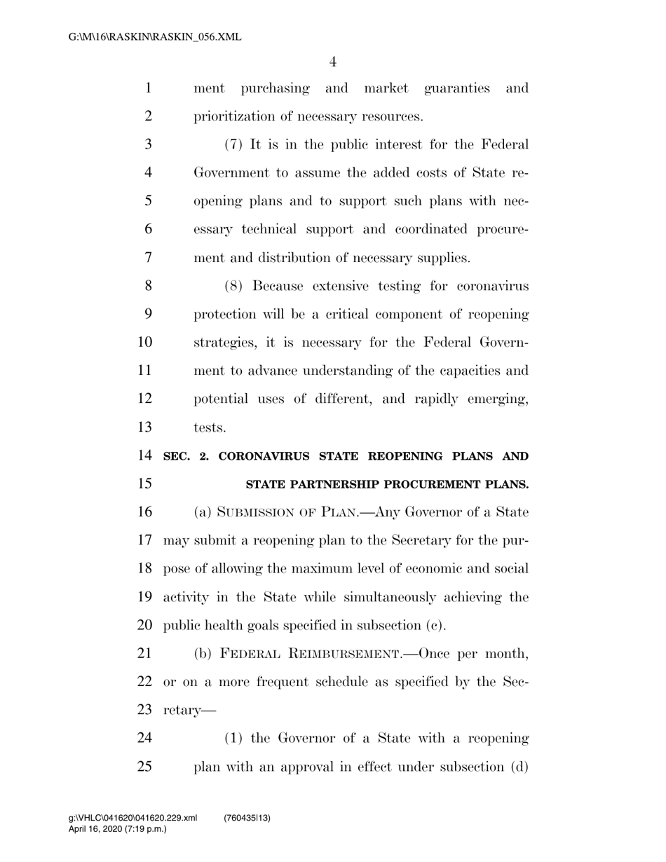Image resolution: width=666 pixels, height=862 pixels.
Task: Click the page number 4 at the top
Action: (x=332, y=62)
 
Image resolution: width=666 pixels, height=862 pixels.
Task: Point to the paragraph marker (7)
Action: (x=234, y=144)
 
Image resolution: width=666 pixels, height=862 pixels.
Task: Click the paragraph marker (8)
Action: (x=234, y=286)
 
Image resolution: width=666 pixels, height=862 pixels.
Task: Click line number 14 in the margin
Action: (x=144, y=456)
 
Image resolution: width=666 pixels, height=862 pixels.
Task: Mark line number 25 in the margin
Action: (x=144, y=766)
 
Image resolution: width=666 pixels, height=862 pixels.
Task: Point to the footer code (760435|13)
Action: (x=247, y=818)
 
